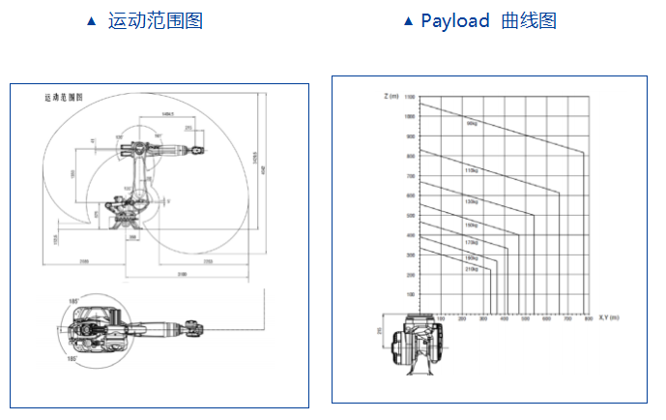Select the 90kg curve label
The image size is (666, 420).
[x=472, y=123]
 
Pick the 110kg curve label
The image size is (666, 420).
[x=472, y=170]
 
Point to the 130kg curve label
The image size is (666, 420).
[x=472, y=201]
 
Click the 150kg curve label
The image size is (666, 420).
[x=472, y=224]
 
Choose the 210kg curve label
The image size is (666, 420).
[x=472, y=269]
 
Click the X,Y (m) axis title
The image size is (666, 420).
[x=608, y=317]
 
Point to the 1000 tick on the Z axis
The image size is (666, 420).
[x=410, y=116]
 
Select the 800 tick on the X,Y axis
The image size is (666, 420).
[x=587, y=318]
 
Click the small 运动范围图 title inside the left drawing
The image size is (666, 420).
[x=64, y=98]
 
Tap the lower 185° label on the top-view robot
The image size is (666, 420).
[x=72, y=358]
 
